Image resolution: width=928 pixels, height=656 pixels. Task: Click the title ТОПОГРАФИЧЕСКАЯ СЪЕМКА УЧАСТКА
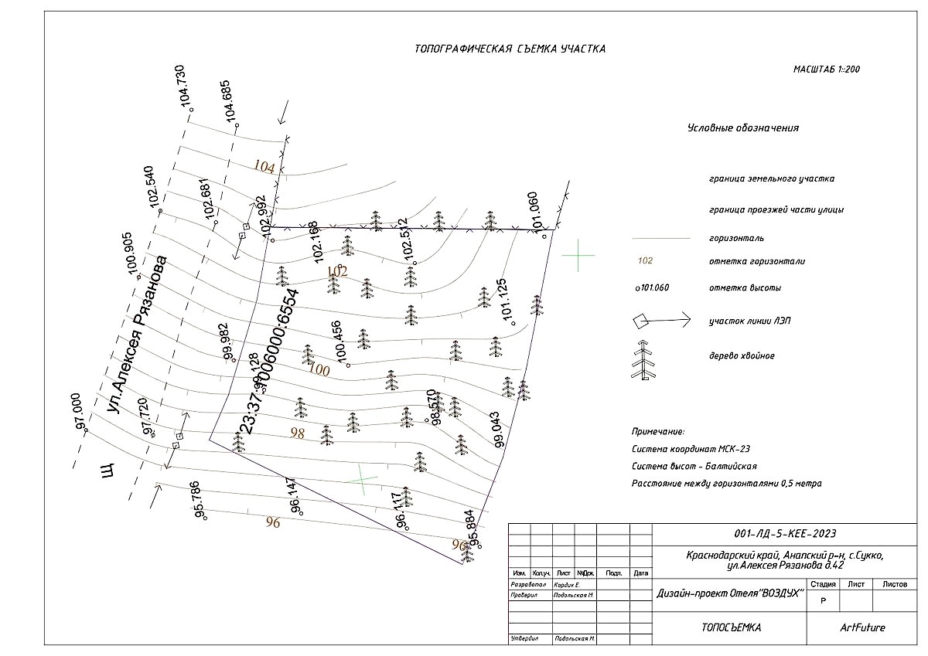click(x=510, y=49)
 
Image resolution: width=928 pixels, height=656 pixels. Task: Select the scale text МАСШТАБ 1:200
click(x=827, y=70)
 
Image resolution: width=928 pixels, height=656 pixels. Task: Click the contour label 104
click(x=264, y=167)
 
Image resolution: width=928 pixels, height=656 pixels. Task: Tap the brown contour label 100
click(x=319, y=371)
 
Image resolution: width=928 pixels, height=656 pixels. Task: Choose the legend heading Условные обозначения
click(x=742, y=128)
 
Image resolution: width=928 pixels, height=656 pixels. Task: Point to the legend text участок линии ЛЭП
click(x=747, y=321)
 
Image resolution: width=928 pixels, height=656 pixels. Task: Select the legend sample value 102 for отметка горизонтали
click(x=645, y=261)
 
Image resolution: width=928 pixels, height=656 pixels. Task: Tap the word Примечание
click(x=658, y=432)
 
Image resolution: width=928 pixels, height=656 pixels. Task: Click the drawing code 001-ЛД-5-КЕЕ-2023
click(x=785, y=534)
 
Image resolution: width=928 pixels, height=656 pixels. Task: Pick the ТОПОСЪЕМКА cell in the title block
click(x=731, y=627)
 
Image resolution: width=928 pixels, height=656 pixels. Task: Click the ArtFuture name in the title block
click(x=862, y=627)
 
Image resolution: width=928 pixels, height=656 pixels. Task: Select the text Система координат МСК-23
click(x=691, y=449)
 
